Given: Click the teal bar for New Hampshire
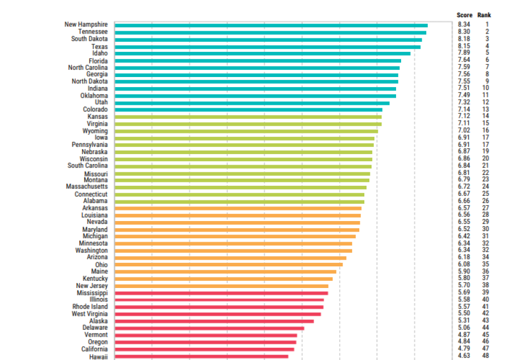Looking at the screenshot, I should [271, 25].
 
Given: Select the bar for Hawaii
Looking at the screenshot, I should [201, 356].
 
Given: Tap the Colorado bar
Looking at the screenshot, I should [248, 109].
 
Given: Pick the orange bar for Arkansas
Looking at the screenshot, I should [238, 208].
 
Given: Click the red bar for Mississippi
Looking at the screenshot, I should [221, 293].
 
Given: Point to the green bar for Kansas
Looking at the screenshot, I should [248, 117].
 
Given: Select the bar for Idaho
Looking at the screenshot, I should [262, 54].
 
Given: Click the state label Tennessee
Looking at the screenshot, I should [93, 32].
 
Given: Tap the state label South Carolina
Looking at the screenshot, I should [88, 166].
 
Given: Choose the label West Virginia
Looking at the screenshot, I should [90, 314].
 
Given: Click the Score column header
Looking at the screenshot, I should [465, 15].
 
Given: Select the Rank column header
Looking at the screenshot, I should [484, 15].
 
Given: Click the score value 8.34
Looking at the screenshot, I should [464, 25].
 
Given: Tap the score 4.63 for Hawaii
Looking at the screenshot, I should [464, 356].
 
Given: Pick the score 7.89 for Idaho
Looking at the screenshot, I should [464, 53].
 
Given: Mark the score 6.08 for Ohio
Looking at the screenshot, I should [464, 264].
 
